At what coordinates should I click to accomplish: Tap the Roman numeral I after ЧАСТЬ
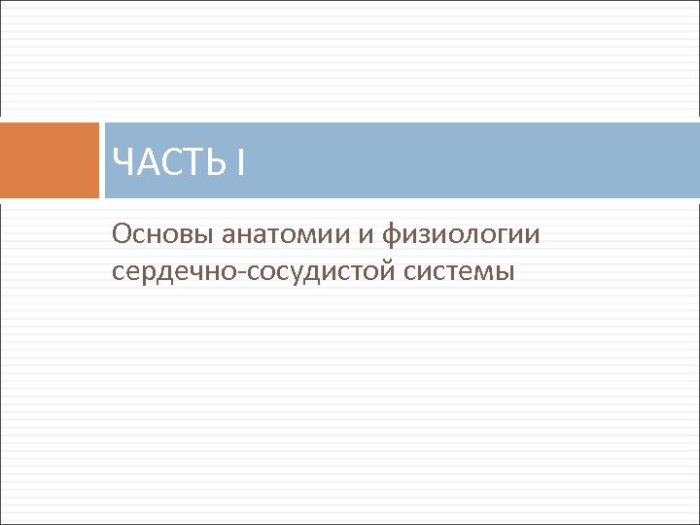click(239, 161)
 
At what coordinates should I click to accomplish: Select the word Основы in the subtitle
click(162, 234)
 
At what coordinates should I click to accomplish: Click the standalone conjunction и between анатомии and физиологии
click(374, 235)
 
